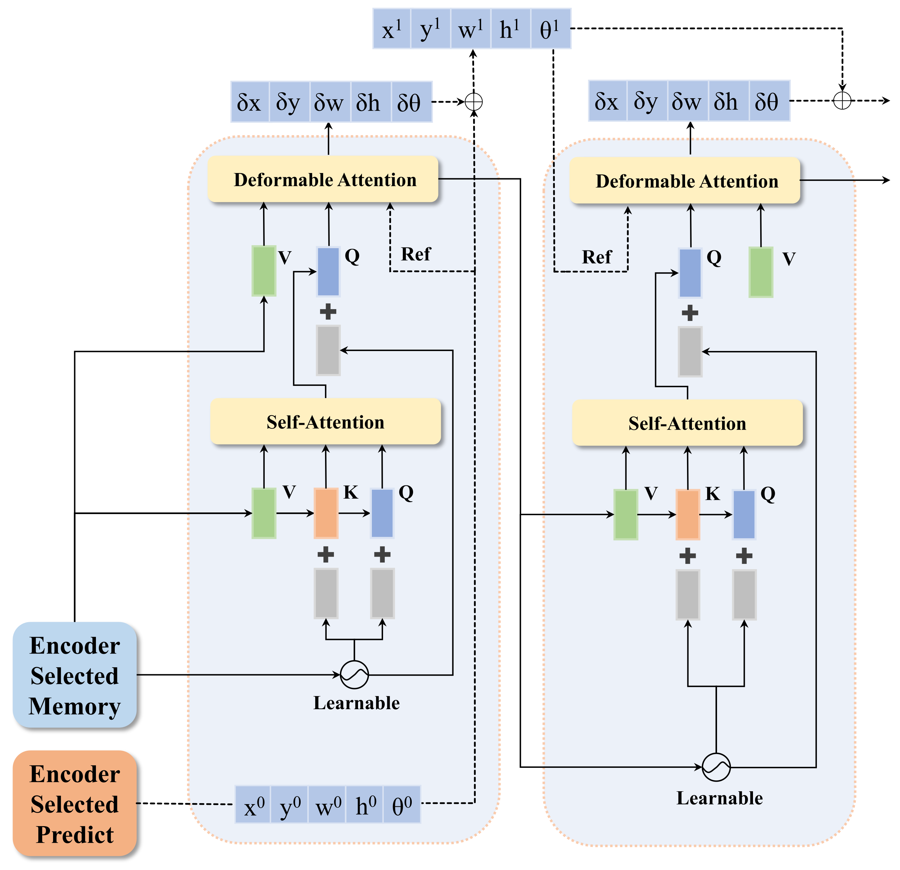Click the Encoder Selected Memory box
pos(75,675)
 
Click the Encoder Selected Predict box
pos(75,803)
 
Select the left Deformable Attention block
pos(323,179)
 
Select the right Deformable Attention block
pos(685,181)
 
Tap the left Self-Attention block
pos(325,421)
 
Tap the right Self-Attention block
pos(687,423)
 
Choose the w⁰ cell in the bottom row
pos(327,804)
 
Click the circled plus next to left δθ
pos(473,101)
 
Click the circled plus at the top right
pos(842,100)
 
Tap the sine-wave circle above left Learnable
pos(354,675)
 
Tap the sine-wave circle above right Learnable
pos(716,767)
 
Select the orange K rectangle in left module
pos(326,513)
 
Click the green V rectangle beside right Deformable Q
pos(761,272)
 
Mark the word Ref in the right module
pos(596,257)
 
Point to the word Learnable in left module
pos(356,703)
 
